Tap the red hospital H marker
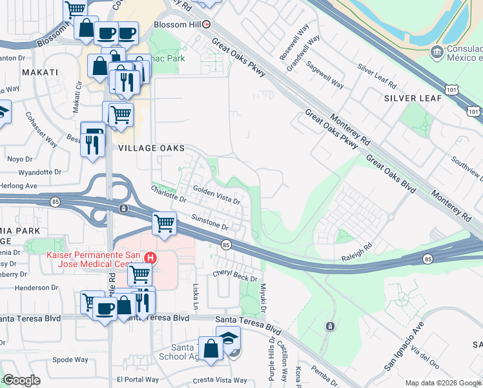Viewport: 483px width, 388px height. coord(150,258)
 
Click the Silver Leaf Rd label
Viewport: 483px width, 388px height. coord(376,77)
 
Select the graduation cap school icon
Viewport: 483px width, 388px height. coord(229,338)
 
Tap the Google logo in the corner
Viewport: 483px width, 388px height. coord(21,380)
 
